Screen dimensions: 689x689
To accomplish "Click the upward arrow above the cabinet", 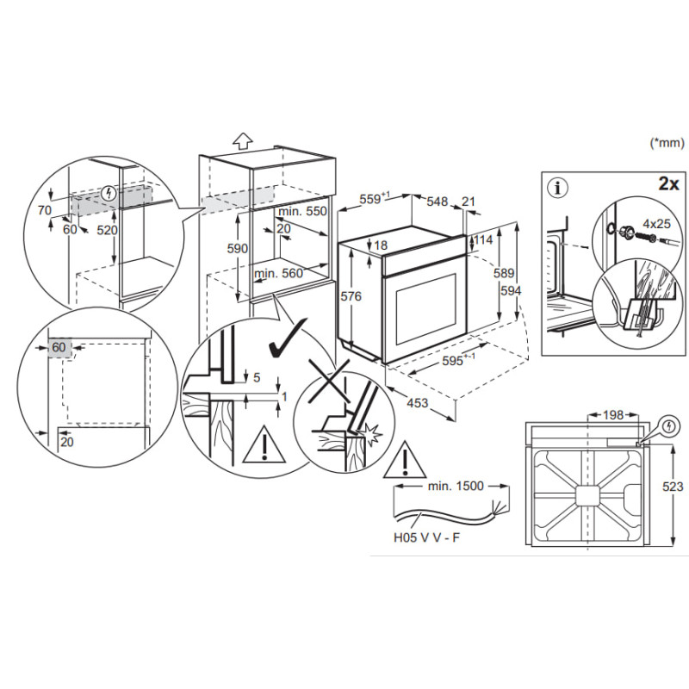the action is click(x=243, y=140).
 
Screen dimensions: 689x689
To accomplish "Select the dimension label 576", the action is click(x=351, y=296).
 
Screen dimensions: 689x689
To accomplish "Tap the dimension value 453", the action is click(x=417, y=402).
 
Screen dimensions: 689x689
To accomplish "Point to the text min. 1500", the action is click(x=456, y=486).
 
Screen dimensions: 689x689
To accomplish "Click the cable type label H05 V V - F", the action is click(x=426, y=537).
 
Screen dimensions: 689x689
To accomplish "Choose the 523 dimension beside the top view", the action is click(x=673, y=487).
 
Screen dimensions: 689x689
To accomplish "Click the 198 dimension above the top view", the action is click(x=613, y=414).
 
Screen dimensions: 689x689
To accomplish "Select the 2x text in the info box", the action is click(x=669, y=183).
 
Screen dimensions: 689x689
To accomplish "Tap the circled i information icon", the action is click(x=558, y=188).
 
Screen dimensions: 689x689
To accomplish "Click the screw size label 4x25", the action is click(x=656, y=224).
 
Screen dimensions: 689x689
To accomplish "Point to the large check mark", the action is click(x=288, y=338).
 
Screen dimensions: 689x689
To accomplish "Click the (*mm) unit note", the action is click(x=667, y=142).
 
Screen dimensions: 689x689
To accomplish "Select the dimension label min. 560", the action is click(x=278, y=273).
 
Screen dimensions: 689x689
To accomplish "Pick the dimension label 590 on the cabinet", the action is click(x=238, y=249).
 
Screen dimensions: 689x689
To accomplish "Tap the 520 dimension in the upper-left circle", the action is click(x=107, y=230).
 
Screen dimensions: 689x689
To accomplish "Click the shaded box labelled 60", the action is click(x=59, y=348).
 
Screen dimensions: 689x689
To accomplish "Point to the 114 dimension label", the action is click(x=483, y=240).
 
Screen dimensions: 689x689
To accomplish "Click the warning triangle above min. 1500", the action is click(x=405, y=461).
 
